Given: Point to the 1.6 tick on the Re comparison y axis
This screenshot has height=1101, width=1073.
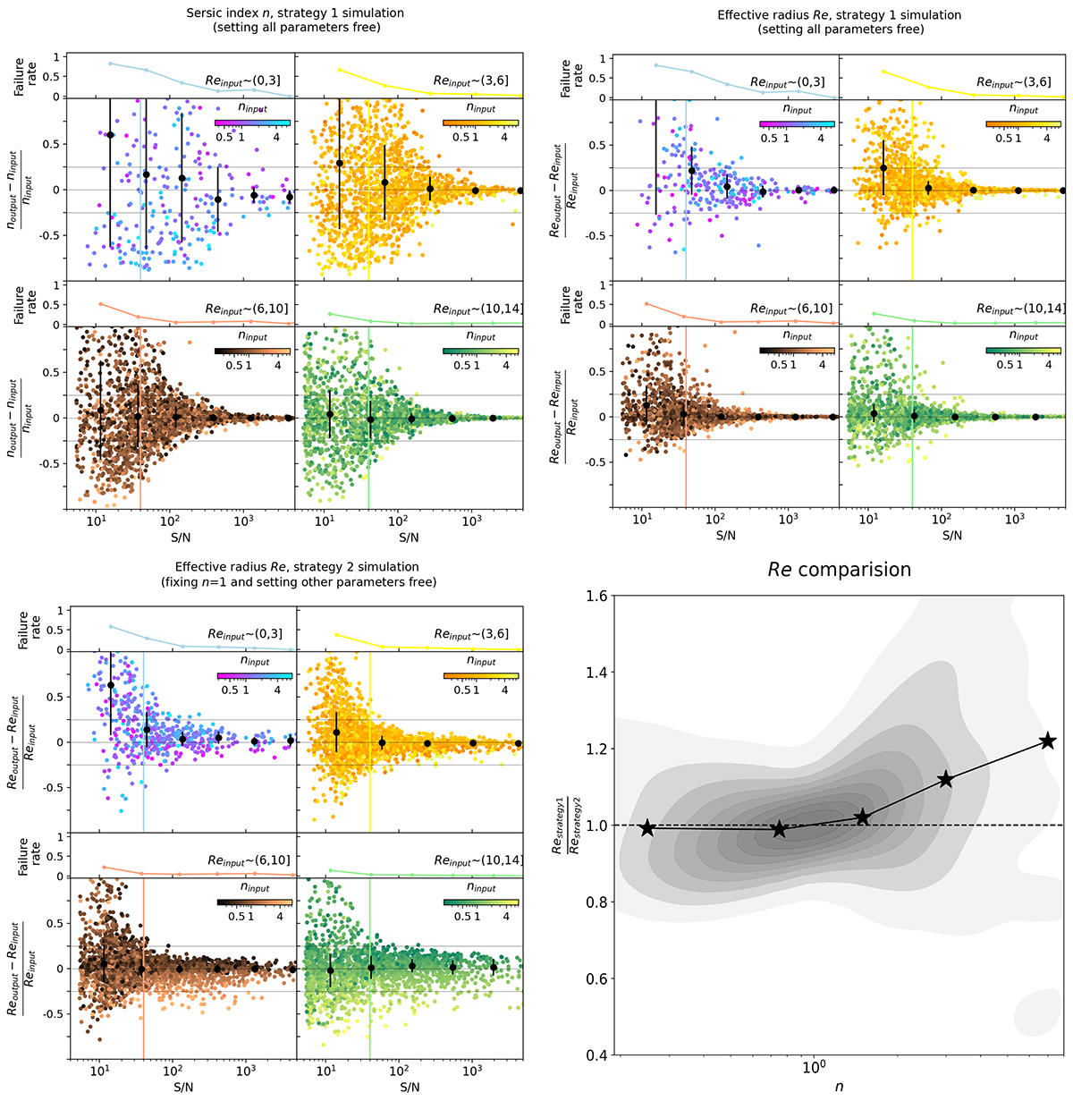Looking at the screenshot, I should click(596, 596).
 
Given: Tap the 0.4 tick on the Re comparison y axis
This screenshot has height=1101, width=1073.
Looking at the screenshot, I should click(596, 1055).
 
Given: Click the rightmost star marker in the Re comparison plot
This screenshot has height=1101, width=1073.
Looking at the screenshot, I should click(1048, 741).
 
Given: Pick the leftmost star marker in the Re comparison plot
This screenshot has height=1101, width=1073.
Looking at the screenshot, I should click(647, 828).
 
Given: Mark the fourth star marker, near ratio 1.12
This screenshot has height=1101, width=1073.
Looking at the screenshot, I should click(945, 779).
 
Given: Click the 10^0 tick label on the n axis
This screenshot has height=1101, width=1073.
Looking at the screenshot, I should click(813, 1068).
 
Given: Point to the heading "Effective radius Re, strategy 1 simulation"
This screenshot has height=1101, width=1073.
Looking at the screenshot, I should click(840, 14).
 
